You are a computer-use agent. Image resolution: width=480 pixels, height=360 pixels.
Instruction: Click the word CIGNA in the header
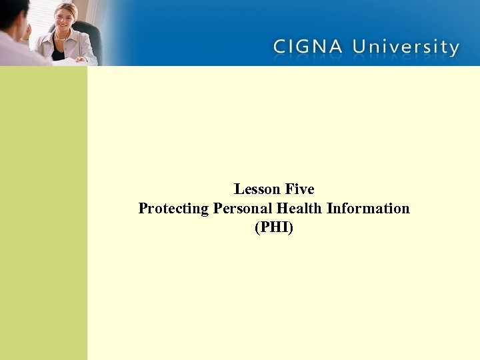[309, 47]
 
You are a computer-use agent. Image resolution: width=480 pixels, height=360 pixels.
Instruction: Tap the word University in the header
[406, 48]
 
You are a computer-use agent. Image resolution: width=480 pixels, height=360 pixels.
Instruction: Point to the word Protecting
[173, 209]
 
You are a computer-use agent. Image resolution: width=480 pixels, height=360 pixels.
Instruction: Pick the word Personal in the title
[240, 209]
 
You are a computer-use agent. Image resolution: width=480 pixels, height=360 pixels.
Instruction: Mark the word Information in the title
[369, 209]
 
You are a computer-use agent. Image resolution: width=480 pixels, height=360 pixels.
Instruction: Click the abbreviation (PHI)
[274, 228]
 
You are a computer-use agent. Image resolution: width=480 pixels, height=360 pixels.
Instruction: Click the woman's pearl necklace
[64, 37]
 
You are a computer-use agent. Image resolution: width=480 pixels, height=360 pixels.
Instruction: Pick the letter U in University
[361, 47]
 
